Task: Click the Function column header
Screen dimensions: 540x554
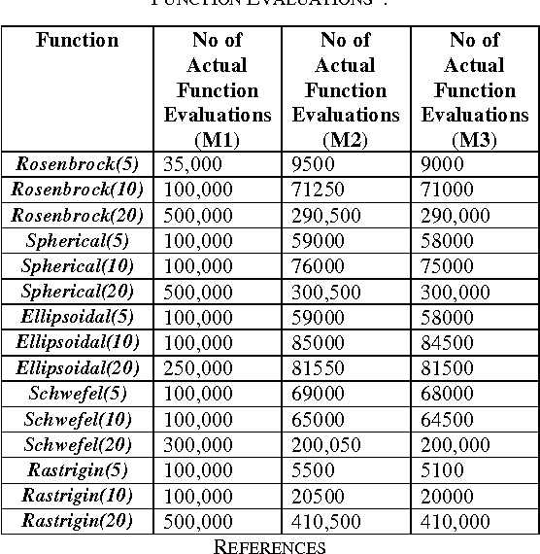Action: tap(77, 41)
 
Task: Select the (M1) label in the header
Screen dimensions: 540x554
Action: tap(217, 139)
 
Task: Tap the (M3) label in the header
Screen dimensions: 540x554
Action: tap(474, 139)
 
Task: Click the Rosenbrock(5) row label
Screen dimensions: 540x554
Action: tap(77, 163)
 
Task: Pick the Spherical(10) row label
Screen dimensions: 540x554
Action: tap(77, 265)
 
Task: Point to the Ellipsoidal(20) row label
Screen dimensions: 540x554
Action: tap(77, 367)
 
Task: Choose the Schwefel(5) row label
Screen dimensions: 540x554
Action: tap(77, 394)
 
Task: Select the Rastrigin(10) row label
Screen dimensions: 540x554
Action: tap(77, 496)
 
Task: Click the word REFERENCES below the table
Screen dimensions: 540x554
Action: tap(269, 545)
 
